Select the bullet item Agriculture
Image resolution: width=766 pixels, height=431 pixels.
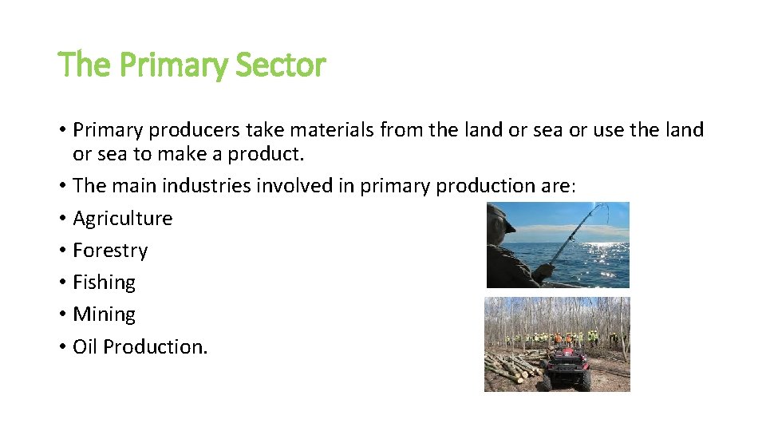point(122,218)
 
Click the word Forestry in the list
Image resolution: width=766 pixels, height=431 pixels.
point(110,250)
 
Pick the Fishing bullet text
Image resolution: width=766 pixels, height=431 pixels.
point(104,282)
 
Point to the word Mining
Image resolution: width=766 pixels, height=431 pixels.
point(104,314)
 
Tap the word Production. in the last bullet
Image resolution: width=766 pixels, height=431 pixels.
point(156,346)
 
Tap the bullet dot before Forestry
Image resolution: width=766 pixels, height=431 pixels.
point(62,251)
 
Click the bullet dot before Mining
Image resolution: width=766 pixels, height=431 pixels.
point(62,314)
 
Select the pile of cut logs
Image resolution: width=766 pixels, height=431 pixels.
point(511,368)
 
